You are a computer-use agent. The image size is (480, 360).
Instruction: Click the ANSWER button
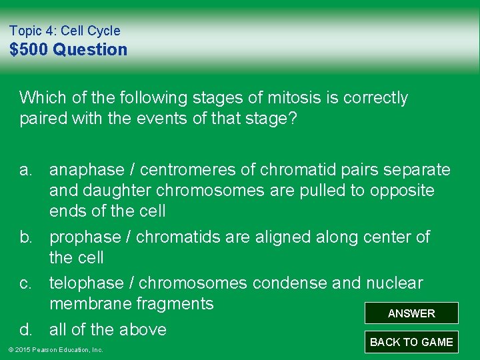pos(411,313)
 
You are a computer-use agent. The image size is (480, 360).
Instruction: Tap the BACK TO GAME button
pos(411,342)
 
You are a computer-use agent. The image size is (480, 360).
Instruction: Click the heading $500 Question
pos(68,49)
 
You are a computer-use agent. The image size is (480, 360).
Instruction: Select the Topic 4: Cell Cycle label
pos(65,31)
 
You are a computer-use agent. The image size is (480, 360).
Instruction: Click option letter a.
pos(26,170)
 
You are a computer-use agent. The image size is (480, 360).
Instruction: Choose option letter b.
pos(26,237)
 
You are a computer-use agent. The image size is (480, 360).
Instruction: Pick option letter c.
pos(26,283)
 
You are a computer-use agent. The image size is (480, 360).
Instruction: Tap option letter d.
pos(26,329)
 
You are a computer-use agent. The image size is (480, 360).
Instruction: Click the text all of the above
pos(107,329)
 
